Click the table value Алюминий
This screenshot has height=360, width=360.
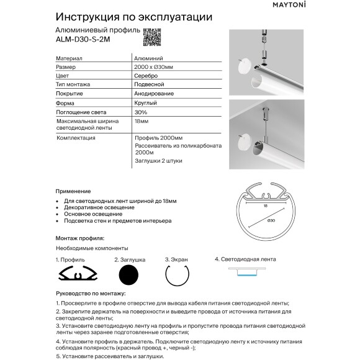[145, 58]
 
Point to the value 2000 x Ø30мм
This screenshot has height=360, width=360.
[154, 66]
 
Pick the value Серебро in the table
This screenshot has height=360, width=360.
[144, 76]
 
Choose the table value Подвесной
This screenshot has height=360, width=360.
[147, 84]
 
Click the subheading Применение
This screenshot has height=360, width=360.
[73, 191]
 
